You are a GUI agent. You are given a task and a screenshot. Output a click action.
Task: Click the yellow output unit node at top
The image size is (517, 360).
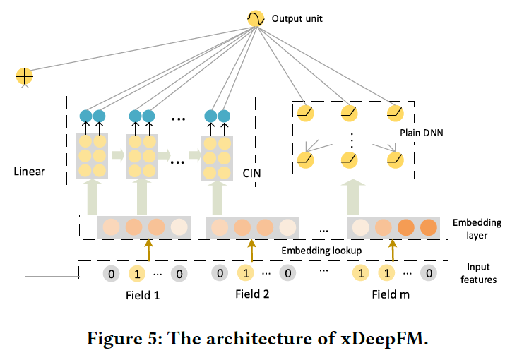click(x=255, y=18)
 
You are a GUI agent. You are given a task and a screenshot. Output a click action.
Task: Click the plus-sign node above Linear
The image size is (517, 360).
click(x=24, y=74)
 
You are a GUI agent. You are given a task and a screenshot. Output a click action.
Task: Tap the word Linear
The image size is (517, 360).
click(x=28, y=172)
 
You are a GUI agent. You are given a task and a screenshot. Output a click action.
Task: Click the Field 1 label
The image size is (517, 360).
click(x=141, y=294)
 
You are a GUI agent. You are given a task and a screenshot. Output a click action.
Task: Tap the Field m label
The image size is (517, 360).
click(x=391, y=294)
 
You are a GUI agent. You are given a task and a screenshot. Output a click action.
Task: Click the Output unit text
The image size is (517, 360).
click(x=297, y=18)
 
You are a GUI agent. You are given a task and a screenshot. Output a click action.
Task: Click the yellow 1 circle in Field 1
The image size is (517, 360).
click(x=138, y=272)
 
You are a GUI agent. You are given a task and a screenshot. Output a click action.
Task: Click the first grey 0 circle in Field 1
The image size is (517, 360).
click(x=111, y=272)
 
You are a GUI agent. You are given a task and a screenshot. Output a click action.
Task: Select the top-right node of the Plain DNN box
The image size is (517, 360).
click(x=393, y=113)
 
